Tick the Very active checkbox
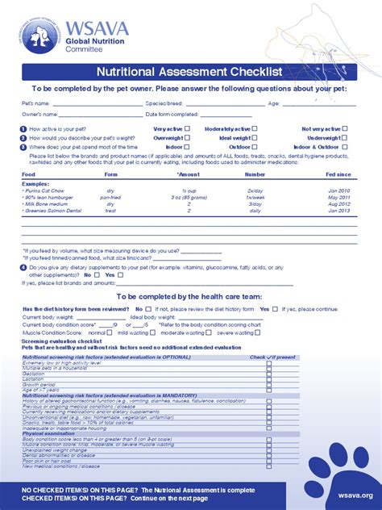(x=187, y=128)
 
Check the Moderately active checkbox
(x=255, y=128)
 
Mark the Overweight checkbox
(x=187, y=138)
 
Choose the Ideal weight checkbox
(x=255, y=138)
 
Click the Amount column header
(x=189, y=174)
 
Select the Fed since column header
(x=338, y=174)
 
